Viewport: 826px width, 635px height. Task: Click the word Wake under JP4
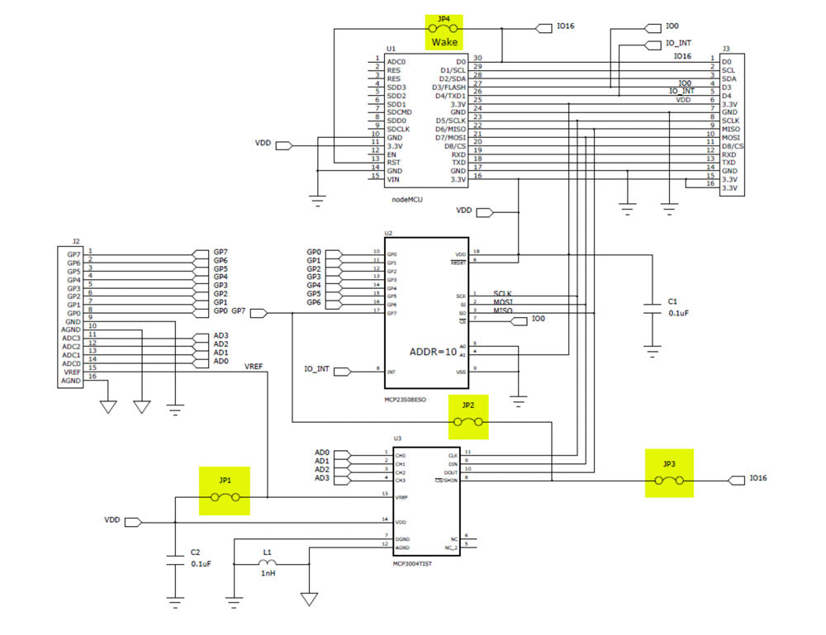(444, 41)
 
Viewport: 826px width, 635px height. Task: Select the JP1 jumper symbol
(225, 497)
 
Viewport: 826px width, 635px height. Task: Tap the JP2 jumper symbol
(468, 422)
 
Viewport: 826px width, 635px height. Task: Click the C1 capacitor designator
(672, 301)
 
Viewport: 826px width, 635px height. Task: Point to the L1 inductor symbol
(267, 563)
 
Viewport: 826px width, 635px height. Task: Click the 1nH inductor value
(268, 573)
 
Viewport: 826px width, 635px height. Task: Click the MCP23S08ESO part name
(405, 400)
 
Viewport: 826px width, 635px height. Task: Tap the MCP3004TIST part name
(413, 563)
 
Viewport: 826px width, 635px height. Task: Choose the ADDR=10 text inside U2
(433, 351)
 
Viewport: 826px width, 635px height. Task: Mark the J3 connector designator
(725, 49)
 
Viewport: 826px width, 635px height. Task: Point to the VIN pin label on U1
(394, 179)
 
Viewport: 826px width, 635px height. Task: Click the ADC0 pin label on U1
(396, 62)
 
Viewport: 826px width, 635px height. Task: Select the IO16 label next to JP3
(758, 478)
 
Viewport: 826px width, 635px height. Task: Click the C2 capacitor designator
(195, 552)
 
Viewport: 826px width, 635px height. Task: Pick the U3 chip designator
(397, 438)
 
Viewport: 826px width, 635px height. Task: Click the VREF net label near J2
(254, 365)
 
